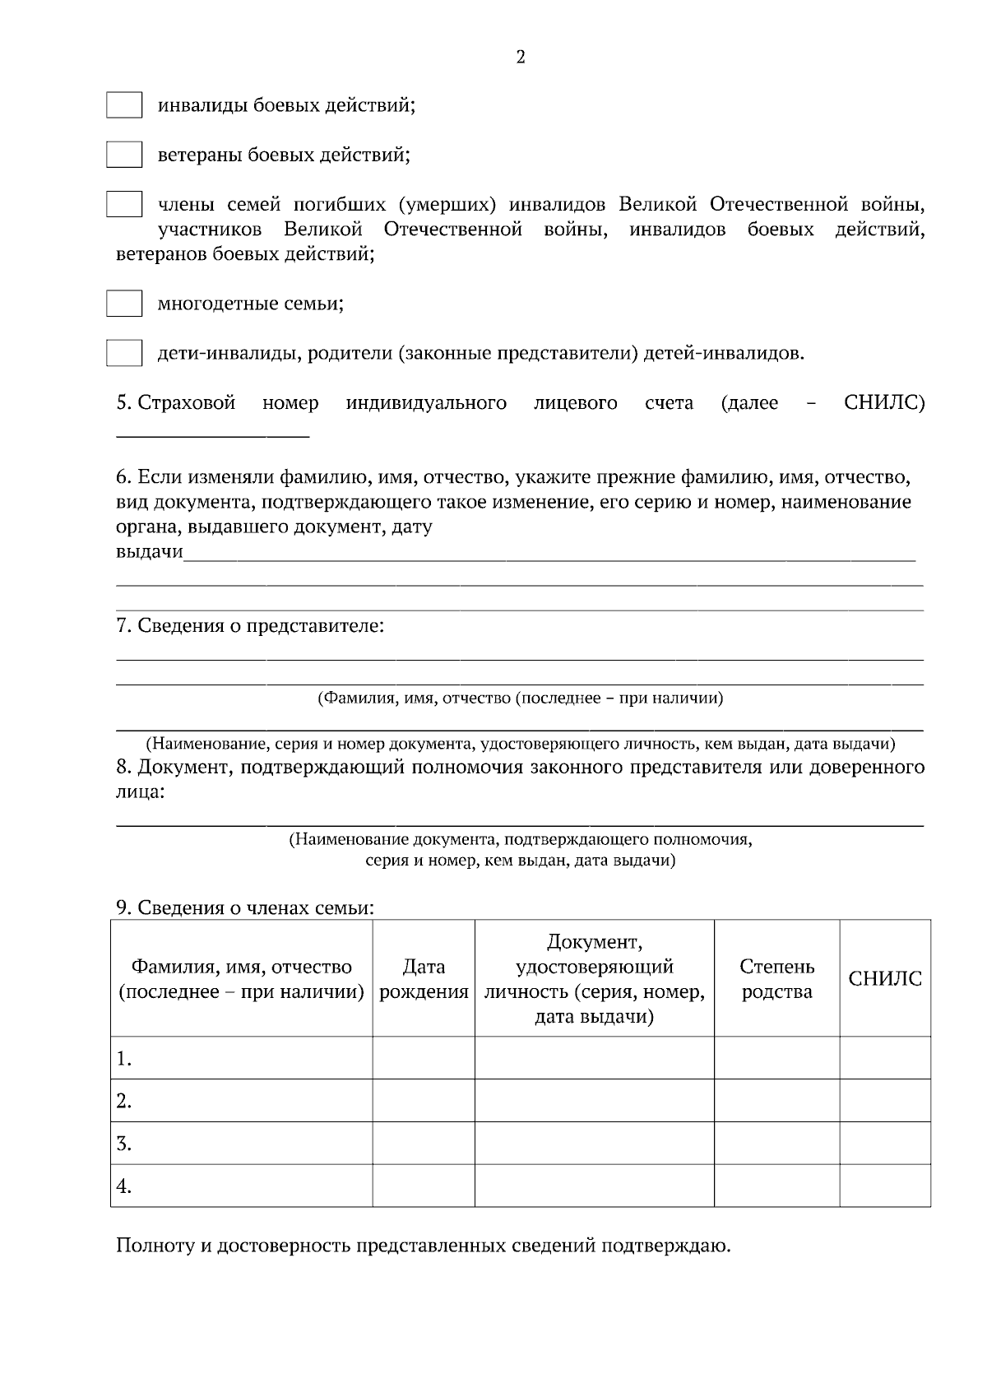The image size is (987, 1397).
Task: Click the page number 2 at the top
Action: pyautogui.click(x=520, y=58)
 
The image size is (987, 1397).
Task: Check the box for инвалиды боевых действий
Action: pyautogui.click(x=124, y=105)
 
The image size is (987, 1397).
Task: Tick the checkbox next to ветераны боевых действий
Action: pyautogui.click(x=124, y=155)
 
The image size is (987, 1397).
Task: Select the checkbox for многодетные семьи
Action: pyautogui.click(x=124, y=304)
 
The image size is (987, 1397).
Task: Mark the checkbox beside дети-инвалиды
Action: pyautogui.click(x=124, y=353)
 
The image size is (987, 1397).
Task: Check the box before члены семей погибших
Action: pyautogui.click(x=124, y=204)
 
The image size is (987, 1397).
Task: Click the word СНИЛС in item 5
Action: pyautogui.click(x=884, y=403)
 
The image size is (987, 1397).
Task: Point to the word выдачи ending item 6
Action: pyautogui.click(x=149, y=552)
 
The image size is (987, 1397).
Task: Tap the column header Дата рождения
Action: pyautogui.click(x=424, y=979)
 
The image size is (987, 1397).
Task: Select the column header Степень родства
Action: pyautogui.click(x=776, y=979)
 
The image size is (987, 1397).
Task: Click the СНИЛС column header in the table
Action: pyautogui.click(x=885, y=979)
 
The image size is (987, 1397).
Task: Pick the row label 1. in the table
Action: pyautogui.click(x=124, y=1059)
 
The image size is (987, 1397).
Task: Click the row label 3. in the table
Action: pyautogui.click(x=124, y=1144)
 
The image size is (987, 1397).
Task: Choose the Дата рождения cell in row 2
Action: pyautogui.click(x=424, y=1101)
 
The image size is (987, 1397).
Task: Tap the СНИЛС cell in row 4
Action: pyautogui.click(x=885, y=1186)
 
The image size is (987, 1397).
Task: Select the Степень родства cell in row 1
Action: pyautogui.click(x=776, y=1058)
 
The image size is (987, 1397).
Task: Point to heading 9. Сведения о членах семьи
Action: pyautogui.click(x=245, y=908)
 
